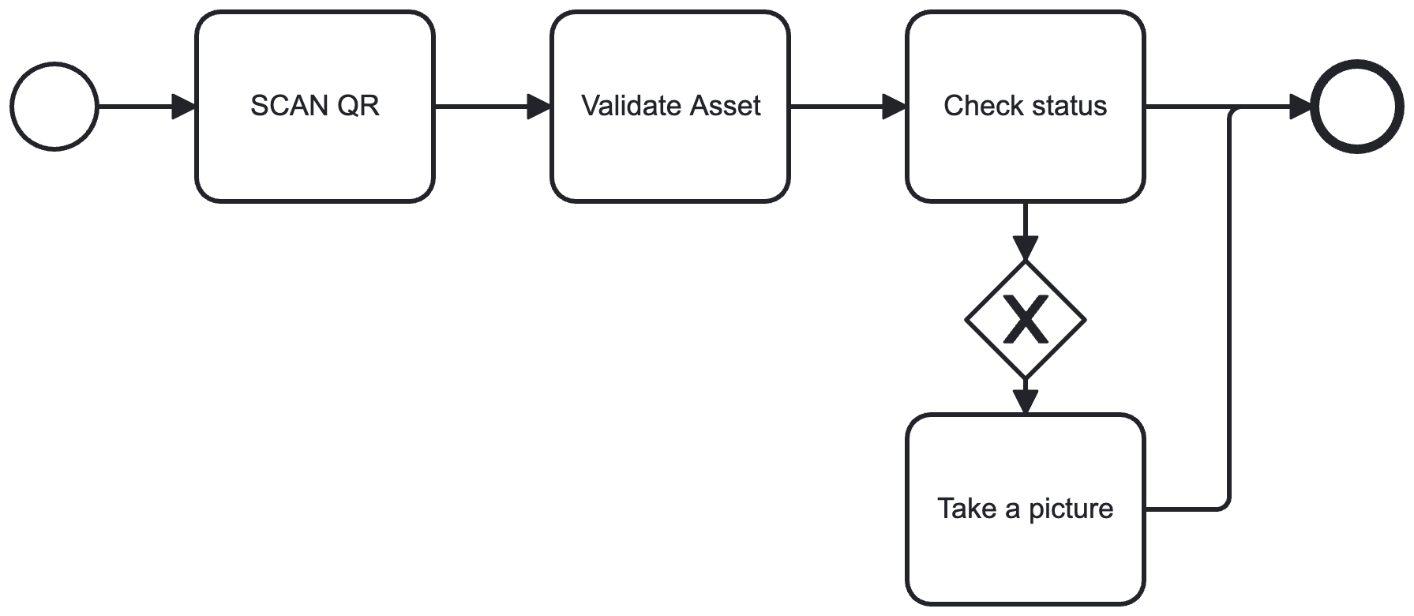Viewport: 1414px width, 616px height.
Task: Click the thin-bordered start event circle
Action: coord(54,106)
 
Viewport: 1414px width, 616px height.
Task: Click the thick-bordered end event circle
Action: coord(1357,106)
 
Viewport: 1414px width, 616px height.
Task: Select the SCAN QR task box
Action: coord(315,158)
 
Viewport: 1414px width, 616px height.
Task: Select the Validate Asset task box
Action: coord(670,158)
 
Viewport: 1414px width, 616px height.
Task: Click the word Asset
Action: coord(726,106)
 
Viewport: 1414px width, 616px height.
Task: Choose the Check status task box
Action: coord(1026,158)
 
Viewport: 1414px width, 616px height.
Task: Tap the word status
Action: coord(1070,106)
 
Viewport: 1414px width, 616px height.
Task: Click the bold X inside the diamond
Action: coord(1026,320)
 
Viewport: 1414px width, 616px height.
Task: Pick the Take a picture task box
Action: coord(1026,561)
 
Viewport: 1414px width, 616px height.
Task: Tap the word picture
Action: coord(1071,509)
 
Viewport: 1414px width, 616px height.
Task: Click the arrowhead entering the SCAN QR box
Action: coord(184,106)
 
